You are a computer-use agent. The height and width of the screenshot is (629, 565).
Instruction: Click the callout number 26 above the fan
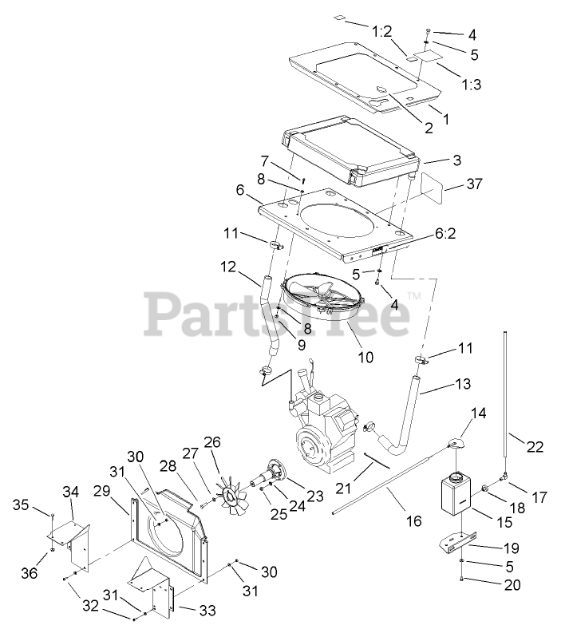212,441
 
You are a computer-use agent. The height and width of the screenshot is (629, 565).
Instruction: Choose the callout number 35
21,504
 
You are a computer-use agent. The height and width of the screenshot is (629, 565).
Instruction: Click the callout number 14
477,413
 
